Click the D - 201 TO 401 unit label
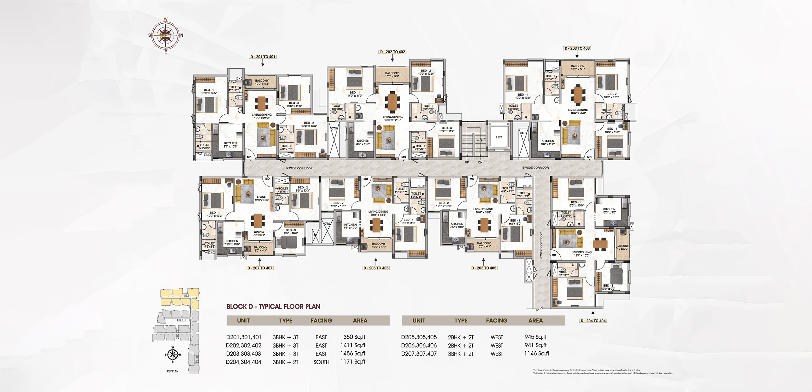click(x=263, y=57)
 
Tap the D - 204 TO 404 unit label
click(x=593, y=321)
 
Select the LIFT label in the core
click(x=499, y=137)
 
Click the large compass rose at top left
click(x=166, y=35)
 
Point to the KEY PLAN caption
click(x=172, y=371)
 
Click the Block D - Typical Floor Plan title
click(x=273, y=307)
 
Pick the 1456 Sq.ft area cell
click(x=353, y=353)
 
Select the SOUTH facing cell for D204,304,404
click(x=321, y=362)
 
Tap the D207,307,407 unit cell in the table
click(x=419, y=354)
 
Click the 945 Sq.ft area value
click(x=535, y=337)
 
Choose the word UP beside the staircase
click(x=467, y=162)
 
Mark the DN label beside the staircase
click(x=480, y=162)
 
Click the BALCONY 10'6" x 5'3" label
click(x=392, y=75)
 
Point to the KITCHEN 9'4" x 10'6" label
click(x=231, y=145)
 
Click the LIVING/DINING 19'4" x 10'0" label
click(x=581, y=254)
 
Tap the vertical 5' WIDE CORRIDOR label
click(x=541, y=245)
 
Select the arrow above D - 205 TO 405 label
click(x=483, y=262)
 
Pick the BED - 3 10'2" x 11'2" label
click(x=447, y=130)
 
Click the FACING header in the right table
click(x=496, y=320)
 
